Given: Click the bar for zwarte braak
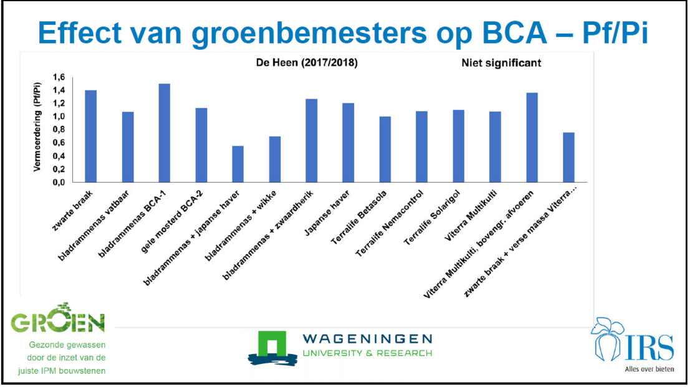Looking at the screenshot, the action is (x=91, y=136).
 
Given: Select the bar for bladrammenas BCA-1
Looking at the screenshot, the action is (x=164, y=133).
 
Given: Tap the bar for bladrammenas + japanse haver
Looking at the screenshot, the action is (x=238, y=164).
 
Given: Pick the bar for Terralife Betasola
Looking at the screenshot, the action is (x=385, y=149).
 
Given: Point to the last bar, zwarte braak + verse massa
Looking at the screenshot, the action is (x=569, y=157).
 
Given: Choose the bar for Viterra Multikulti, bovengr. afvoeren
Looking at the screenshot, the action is (x=532, y=137).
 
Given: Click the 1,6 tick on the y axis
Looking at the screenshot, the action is (x=59, y=77).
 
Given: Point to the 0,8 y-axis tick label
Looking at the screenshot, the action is (x=59, y=130).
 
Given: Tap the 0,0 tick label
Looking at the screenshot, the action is (x=59, y=182).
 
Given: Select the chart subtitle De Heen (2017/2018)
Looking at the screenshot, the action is (x=307, y=63).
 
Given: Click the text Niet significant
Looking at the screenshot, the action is (x=501, y=63).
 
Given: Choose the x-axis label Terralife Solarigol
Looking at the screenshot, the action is (x=432, y=217).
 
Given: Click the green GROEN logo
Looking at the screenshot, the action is (x=58, y=318).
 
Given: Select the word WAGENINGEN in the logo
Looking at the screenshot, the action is (x=367, y=339).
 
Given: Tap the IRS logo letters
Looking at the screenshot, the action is (x=650, y=347).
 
